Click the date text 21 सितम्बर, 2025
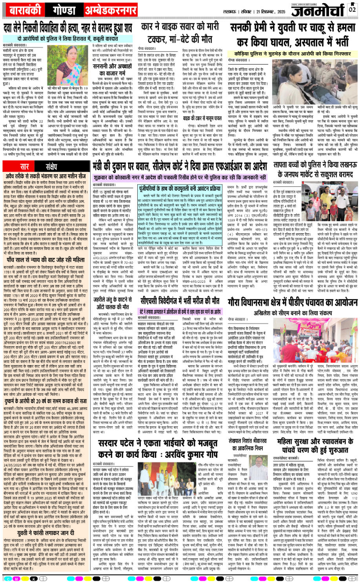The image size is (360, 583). pyautogui.click(x=260, y=9)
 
